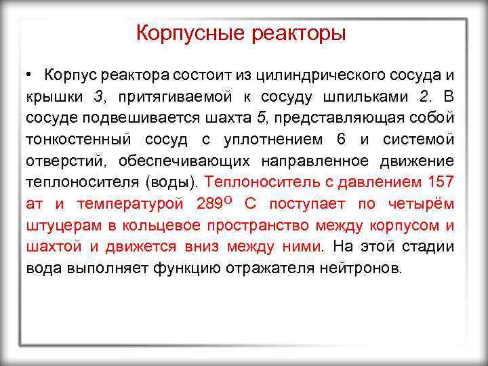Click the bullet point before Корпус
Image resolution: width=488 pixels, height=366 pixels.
(30, 73)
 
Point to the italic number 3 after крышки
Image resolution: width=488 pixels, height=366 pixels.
(99, 96)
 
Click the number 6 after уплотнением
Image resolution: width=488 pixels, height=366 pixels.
(340, 139)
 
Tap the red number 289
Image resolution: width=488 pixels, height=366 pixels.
(209, 204)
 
